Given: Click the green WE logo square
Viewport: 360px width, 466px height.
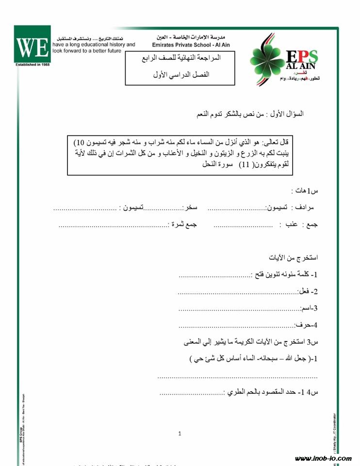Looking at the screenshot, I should [32, 45].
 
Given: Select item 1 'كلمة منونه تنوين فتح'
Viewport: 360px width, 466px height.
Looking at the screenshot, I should [286, 275].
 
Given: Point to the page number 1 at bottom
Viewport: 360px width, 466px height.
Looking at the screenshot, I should [180, 433].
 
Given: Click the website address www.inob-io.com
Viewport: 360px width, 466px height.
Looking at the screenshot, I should [323, 458].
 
